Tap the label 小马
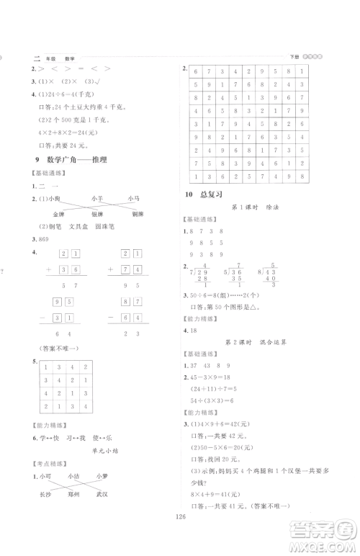click(133, 197)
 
